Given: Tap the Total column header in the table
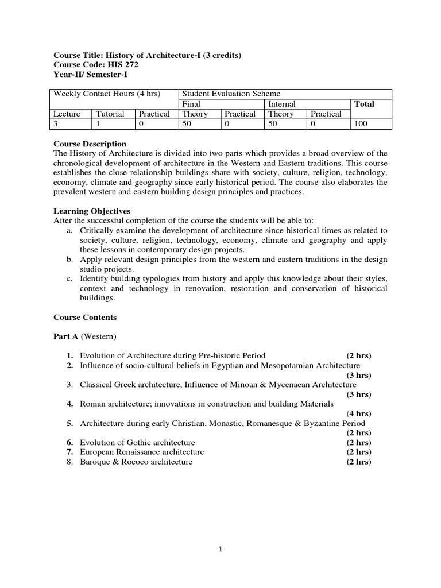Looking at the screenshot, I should (x=364, y=104).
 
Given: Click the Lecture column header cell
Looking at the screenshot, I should (x=67, y=114).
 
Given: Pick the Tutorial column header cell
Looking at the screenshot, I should (x=110, y=114).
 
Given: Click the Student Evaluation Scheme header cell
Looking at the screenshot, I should (x=231, y=94).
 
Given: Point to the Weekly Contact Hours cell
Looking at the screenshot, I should (x=107, y=94).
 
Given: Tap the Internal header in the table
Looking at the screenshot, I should (x=282, y=104).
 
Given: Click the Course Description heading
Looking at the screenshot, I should (x=90, y=144).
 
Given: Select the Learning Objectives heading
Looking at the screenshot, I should (x=92, y=211).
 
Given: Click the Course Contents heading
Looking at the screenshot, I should (x=85, y=317).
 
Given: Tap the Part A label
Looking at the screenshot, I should (x=63, y=336).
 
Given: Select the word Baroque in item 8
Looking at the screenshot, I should (x=95, y=462).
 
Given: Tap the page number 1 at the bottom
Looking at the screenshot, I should (x=220, y=549).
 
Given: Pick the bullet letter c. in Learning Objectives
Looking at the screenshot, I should (x=69, y=278).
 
